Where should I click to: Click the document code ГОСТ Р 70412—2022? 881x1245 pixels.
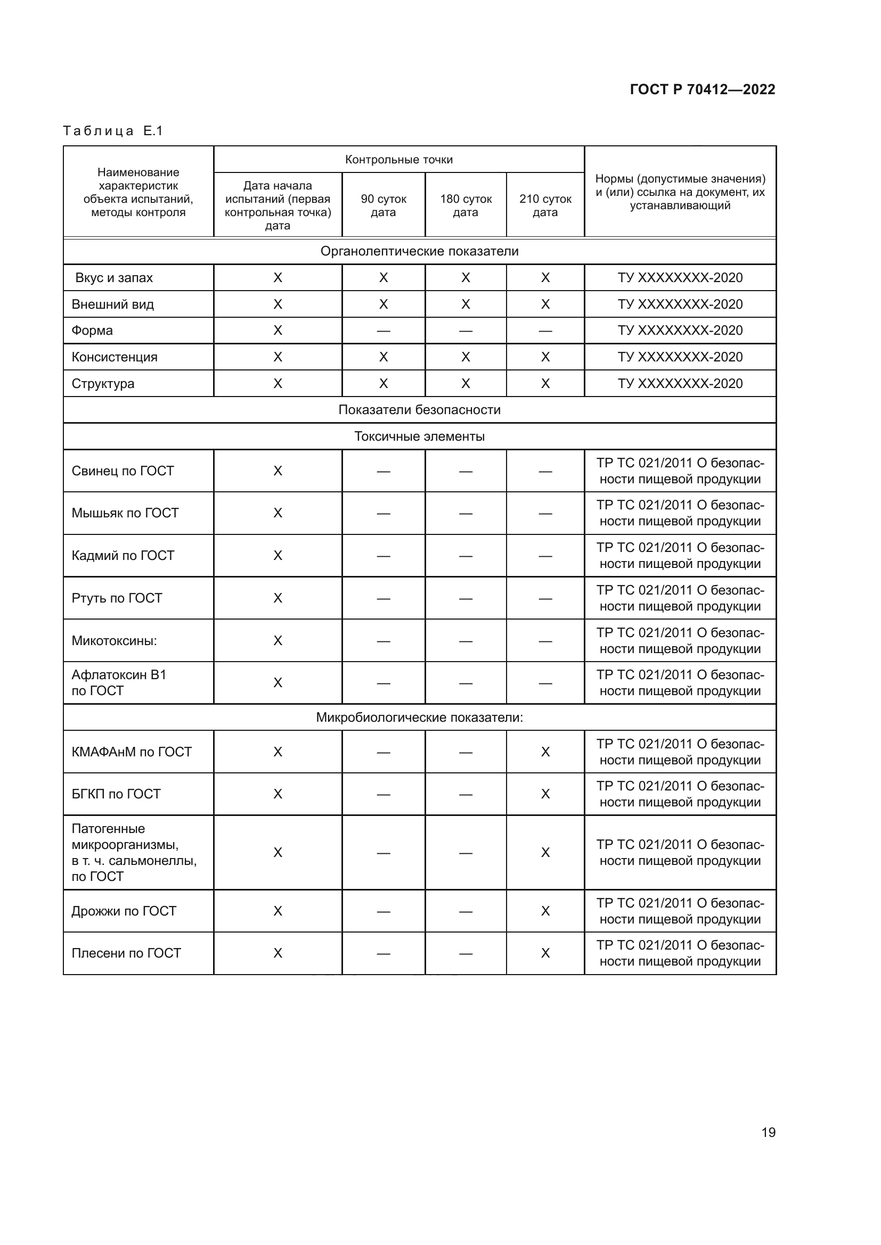pyautogui.click(x=702, y=89)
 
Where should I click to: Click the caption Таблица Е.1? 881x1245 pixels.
pyautogui.click(x=113, y=131)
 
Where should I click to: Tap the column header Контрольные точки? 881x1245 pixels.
pyautogui.click(x=399, y=160)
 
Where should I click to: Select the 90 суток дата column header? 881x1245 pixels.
pyautogui.click(x=383, y=205)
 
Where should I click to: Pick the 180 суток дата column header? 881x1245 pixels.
pyautogui.click(x=466, y=205)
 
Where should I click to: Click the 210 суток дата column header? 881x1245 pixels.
pyautogui.click(x=545, y=205)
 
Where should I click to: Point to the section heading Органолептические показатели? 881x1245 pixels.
pyautogui.click(x=419, y=252)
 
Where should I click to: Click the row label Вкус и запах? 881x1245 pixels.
pyautogui.click(x=114, y=278)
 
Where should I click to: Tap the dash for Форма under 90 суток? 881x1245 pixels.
pyautogui.click(x=383, y=331)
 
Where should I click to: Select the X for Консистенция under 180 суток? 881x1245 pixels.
pyautogui.click(x=466, y=357)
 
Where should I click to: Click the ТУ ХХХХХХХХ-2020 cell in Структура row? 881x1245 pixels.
pyautogui.click(x=680, y=383)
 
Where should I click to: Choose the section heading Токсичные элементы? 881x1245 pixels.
pyautogui.click(x=419, y=436)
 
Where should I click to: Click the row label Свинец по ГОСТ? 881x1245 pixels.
pyautogui.click(x=123, y=471)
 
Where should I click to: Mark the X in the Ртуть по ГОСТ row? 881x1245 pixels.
pyautogui.click(x=277, y=598)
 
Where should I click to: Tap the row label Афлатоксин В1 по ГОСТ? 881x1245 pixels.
pyautogui.click(x=119, y=683)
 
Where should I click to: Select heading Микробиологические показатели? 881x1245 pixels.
pyautogui.click(x=419, y=718)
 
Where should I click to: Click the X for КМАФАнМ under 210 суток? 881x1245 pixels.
pyautogui.click(x=545, y=752)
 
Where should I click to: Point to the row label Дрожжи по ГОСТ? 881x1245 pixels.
pyautogui.click(x=124, y=911)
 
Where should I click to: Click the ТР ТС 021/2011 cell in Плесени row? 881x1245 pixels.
pyautogui.click(x=680, y=953)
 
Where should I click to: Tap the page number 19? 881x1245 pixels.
pyautogui.click(x=768, y=1132)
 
